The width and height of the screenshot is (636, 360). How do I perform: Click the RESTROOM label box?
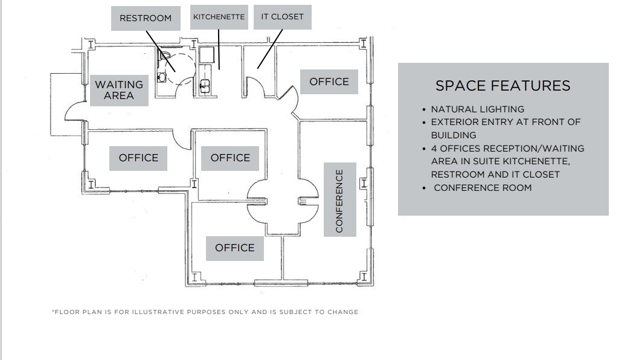click(146, 18)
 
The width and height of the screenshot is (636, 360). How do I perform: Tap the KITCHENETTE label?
click(219, 17)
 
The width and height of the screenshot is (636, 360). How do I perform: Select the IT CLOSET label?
click(282, 17)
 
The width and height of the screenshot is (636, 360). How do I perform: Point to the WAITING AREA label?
click(119, 90)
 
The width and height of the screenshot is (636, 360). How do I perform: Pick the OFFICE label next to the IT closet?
click(329, 82)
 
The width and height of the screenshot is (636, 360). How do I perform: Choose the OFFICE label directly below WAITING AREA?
click(138, 158)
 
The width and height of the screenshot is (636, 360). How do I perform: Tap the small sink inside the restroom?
click(161, 77)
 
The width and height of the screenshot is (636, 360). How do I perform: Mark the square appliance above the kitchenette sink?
click(207, 57)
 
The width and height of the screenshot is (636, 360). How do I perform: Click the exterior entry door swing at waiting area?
click(73, 111)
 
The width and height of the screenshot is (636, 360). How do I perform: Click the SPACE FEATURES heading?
click(503, 86)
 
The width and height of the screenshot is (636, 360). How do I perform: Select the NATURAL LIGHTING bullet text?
click(477, 109)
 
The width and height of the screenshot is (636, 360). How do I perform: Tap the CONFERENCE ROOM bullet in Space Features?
click(483, 188)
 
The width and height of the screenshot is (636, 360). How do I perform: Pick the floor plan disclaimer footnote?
click(205, 312)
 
